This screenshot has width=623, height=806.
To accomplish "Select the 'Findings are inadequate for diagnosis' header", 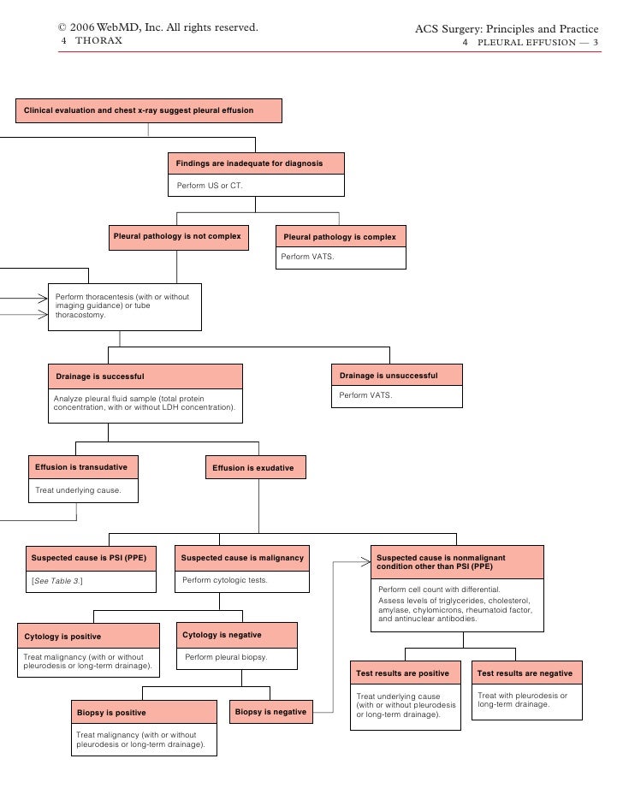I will [x=256, y=163].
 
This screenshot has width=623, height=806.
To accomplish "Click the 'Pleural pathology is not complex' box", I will [x=177, y=237].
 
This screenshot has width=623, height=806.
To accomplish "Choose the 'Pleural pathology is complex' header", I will [x=340, y=237].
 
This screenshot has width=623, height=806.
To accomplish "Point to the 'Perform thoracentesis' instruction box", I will [x=124, y=306].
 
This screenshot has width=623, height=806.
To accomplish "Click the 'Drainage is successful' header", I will [x=144, y=376].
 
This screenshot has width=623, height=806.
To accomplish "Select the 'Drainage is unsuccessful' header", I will [x=396, y=376].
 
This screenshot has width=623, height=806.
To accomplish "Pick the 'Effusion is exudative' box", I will [x=253, y=469].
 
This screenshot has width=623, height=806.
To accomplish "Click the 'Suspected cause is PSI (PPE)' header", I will [x=89, y=558].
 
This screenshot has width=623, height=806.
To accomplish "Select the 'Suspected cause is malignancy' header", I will [x=242, y=558].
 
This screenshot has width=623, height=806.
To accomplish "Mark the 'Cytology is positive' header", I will [x=87, y=637].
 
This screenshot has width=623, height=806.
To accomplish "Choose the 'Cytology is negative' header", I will [x=236, y=635].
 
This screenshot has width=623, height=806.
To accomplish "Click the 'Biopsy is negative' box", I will [x=270, y=712].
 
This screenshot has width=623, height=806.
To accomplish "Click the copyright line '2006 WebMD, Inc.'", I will [x=158, y=28].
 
